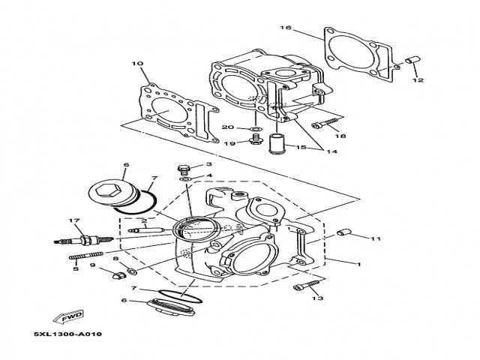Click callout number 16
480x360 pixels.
click(x=286, y=28)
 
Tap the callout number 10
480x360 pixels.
click(x=136, y=64)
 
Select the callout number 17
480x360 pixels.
click(x=74, y=220)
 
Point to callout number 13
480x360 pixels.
click(x=318, y=298)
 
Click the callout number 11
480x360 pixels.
click(x=376, y=238)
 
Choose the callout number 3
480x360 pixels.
click(x=209, y=164)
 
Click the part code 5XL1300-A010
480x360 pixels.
click(x=67, y=334)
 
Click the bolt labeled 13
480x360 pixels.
click(x=301, y=286)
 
